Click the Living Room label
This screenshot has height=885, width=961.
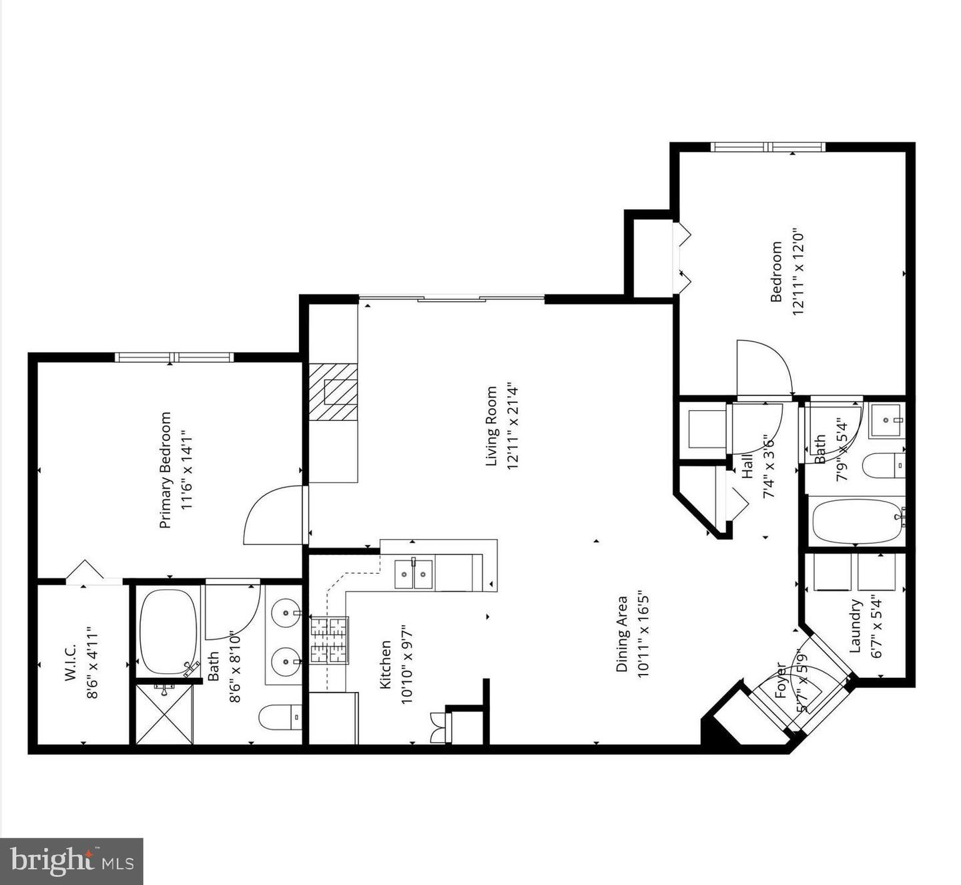pos(492,426)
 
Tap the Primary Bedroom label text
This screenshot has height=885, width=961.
pos(165,470)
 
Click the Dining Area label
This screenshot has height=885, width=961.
pos(622,633)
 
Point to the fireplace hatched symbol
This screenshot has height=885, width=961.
pos(333,392)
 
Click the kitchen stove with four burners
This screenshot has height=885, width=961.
pos(329,640)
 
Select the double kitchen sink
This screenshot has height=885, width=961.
pos(413,574)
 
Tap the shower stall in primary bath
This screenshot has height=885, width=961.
pos(164,713)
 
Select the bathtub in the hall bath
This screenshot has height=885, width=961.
pos(856,521)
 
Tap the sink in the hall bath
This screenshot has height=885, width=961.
pos(886,420)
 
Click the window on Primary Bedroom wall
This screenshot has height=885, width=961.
pos(174,357)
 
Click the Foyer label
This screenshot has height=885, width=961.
pos(781,680)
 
